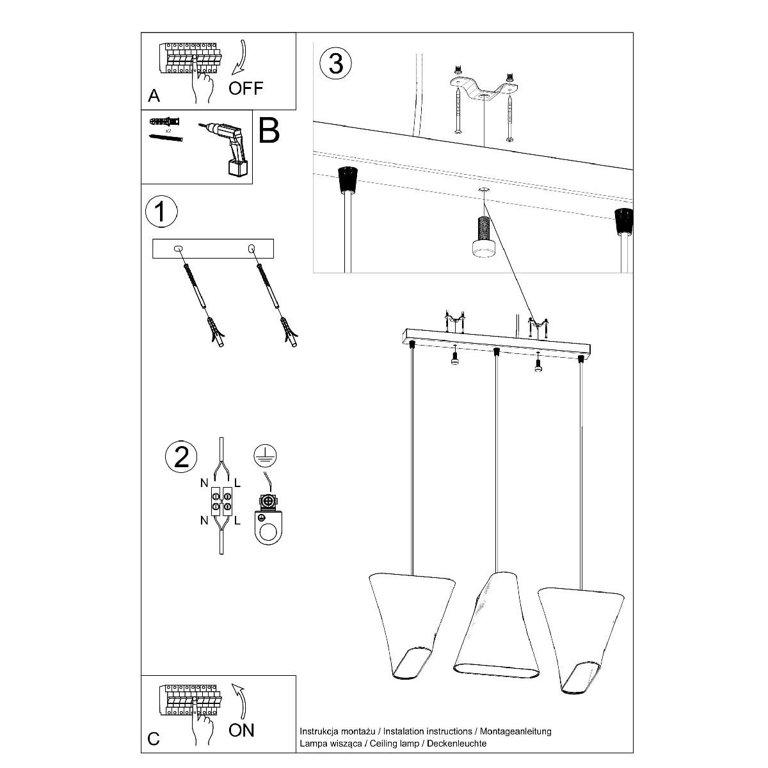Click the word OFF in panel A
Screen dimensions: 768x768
(x=246, y=88)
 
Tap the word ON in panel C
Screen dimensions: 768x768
(x=241, y=730)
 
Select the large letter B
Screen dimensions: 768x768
(x=269, y=130)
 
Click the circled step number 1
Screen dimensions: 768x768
(x=161, y=212)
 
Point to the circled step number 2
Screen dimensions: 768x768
(x=181, y=457)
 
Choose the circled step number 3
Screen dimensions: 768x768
(x=335, y=63)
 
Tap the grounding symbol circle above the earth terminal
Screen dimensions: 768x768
(x=265, y=456)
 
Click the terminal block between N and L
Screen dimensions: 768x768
(x=221, y=502)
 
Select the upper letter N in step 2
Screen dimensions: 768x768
(x=204, y=483)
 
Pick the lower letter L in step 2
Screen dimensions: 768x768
(x=237, y=520)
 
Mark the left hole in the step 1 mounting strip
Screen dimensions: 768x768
(x=178, y=249)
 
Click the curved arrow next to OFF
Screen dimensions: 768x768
(x=240, y=57)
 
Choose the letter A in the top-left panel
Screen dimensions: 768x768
(x=154, y=96)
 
